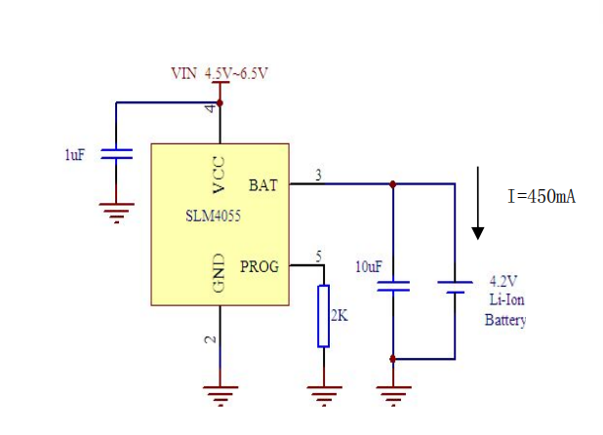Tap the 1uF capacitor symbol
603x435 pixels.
[x=117, y=153]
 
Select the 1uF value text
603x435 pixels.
[x=74, y=154]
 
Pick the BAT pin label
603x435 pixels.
[x=263, y=184]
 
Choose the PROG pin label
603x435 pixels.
[x=260, y=265]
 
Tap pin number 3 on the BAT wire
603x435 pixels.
[x=318, y=176]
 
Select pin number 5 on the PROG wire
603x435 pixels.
[x=318, y=257]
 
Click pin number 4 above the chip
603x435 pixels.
[x=210, y=108]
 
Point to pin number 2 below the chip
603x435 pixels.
[x=210, y=339]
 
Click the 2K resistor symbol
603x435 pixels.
[x=323, y=316]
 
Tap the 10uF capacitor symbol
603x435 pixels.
[x=393, y=287]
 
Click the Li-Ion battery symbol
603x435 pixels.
[x=455, y=287]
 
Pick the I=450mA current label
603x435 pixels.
[x=542, y=196]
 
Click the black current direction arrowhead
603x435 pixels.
[x=478, y=232]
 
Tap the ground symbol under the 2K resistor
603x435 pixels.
[x=323, y=394]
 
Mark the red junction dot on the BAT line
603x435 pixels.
[x=393, y=183]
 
